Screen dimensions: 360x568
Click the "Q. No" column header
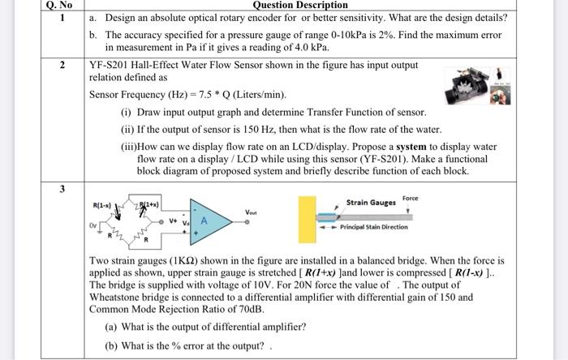click(60, 5)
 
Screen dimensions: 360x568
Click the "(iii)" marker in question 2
click(128, 147)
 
